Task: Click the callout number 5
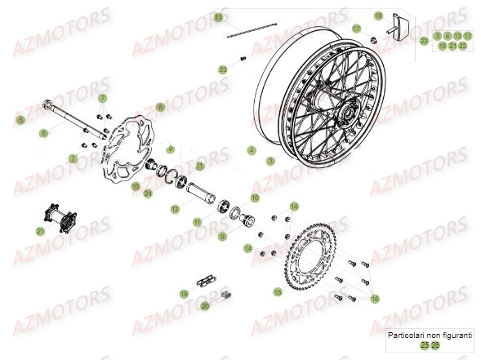(20, 120)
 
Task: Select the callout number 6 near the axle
(43, 132)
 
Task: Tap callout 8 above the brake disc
(160, 107)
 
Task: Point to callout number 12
(174, 210)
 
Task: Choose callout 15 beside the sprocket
(278, 291)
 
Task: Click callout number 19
(185, 294)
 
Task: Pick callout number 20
(205, 305)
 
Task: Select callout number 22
(423, 40)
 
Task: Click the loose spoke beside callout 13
(253, 31)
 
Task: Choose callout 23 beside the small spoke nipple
(223, 70)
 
